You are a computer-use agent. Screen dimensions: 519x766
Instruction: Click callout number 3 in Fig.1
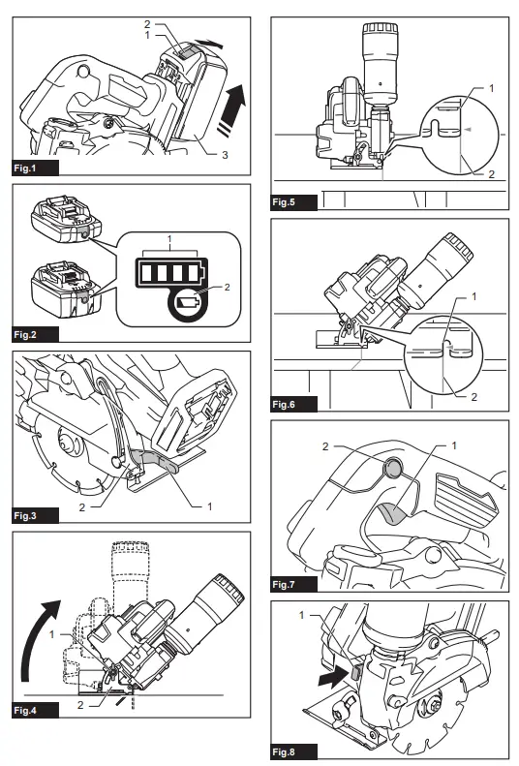225,155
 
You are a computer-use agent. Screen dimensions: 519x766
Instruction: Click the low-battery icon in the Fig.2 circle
187,302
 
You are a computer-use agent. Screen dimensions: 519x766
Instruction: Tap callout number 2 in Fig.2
227,288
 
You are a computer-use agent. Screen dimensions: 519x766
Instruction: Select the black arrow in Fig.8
332,678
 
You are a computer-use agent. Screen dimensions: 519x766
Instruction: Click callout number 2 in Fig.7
325,446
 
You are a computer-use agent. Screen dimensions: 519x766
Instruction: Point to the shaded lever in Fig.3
155,461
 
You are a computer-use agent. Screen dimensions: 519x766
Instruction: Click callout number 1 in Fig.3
210,506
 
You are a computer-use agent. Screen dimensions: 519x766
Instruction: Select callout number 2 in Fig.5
491,174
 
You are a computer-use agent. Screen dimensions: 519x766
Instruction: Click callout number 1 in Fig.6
473,296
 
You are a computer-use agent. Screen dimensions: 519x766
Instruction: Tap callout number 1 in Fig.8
301,615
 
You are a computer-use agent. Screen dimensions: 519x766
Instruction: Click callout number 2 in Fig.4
80,705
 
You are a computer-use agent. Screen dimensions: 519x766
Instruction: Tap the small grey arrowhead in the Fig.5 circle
468,130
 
